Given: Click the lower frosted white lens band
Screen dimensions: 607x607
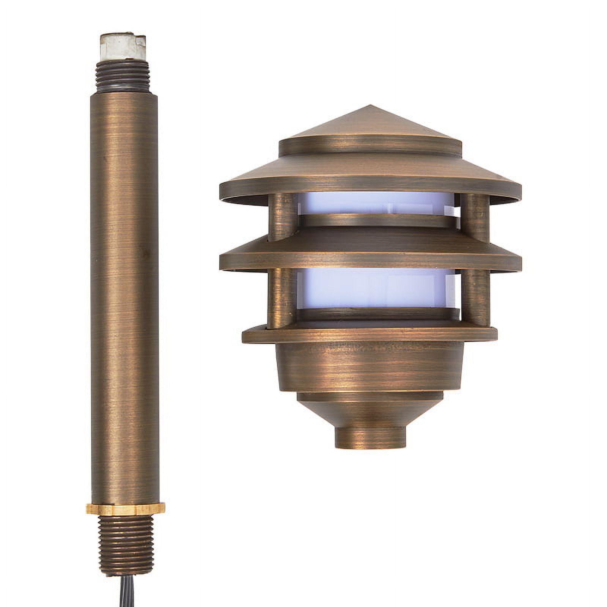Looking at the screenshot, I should (x=372, y=288).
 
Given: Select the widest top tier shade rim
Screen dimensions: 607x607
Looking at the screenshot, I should (x=370, y=190).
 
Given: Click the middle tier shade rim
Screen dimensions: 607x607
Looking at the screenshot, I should (x=370, y=262).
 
